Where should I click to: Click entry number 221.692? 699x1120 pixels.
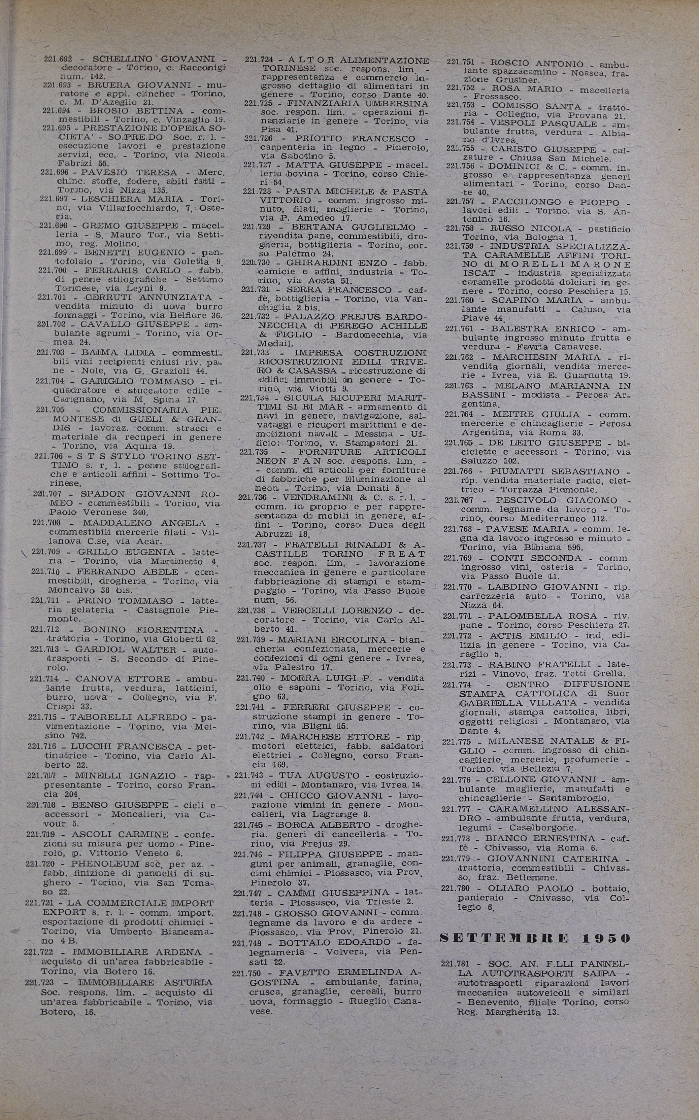58,59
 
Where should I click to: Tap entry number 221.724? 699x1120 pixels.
259,60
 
